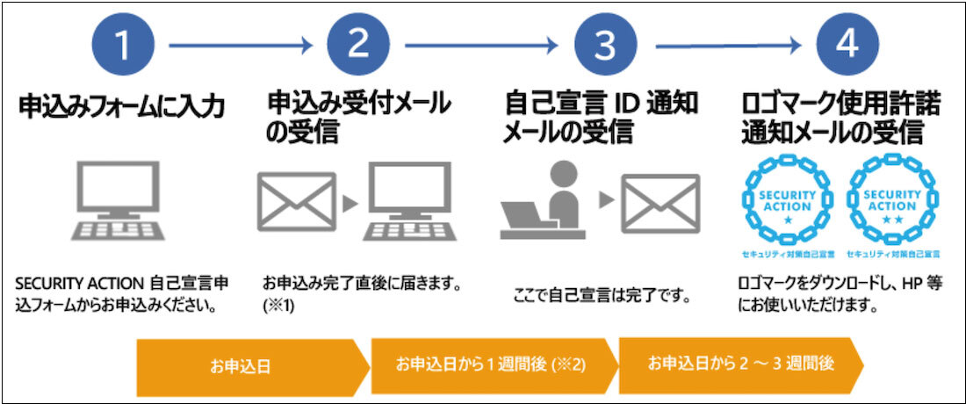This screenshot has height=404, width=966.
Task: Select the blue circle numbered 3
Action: point(605,44)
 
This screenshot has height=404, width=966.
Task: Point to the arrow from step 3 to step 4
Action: point(729,44)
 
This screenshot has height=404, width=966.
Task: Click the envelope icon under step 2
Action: point(297,201)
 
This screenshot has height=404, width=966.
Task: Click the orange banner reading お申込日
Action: point(250,365)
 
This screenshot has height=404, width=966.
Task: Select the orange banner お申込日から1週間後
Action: point(492,363)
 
